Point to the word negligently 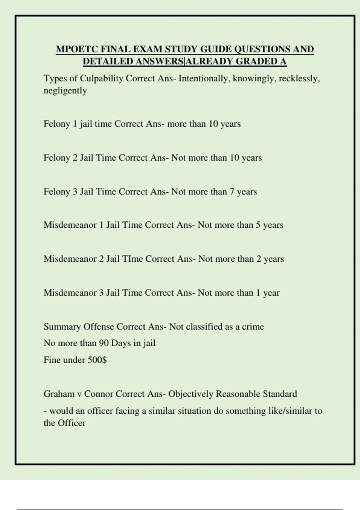pyautogui.click(x=65, y=91)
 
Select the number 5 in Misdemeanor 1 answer pyautogui.click(x=258, y=225)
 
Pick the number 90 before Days pyautogui.click(x=103, y=343)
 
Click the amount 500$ pyautogui.click(x=97, y=360)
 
